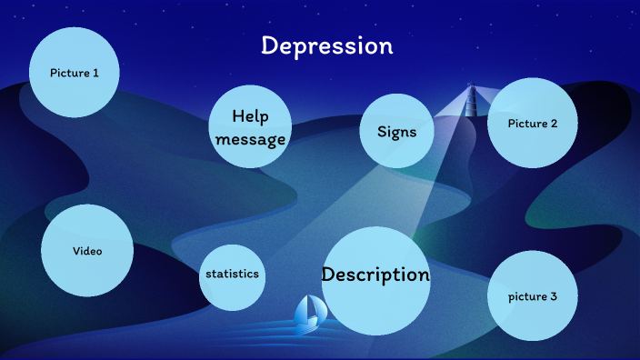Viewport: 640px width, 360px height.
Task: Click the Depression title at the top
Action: (326, 45)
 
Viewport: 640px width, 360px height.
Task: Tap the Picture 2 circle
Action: (533, 123)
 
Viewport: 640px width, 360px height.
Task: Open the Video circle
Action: (87, 250)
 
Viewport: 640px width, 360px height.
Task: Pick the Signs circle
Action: (396, 132)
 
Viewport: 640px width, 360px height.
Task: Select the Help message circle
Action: (251, 127)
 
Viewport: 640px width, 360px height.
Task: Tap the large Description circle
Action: (375, 281)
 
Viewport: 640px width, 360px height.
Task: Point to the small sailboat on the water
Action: (310, 311)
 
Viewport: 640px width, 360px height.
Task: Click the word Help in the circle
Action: (251, 116)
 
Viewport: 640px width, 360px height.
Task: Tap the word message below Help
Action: (251, 139)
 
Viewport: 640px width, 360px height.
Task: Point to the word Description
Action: (375, 274)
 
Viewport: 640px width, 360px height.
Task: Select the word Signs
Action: (396, 132)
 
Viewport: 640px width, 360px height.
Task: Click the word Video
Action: (87, 251)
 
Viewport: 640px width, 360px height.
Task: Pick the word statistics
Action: (232, 274)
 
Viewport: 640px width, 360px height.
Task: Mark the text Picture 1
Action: (75, 73)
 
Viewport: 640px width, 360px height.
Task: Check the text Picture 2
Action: (533, 124)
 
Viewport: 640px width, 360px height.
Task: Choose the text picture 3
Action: (533, 297)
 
